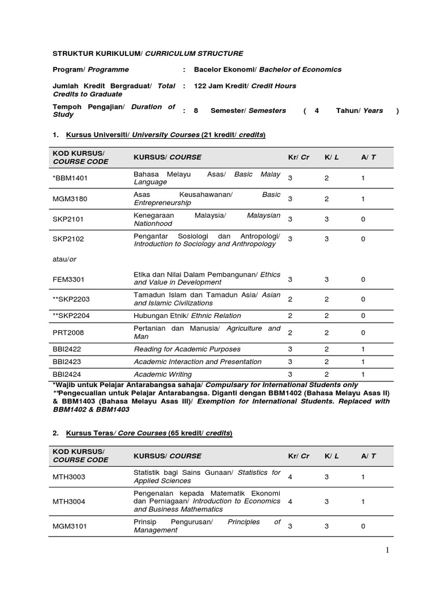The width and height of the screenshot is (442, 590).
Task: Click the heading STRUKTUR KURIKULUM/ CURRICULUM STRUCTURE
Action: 148,54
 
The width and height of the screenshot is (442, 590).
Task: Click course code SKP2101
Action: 68,219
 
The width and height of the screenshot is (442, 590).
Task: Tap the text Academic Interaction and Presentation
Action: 197,362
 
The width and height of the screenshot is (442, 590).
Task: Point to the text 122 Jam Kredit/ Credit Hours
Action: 245,86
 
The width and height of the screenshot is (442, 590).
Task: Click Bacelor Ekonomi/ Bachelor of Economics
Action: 268,70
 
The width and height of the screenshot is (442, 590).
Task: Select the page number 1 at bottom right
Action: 387,550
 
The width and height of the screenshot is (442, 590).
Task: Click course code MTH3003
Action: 68,476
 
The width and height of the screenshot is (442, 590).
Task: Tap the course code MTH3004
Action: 68,501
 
